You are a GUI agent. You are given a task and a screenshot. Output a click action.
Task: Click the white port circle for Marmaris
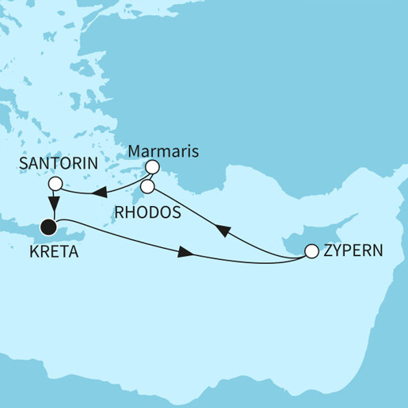tap(152, 168)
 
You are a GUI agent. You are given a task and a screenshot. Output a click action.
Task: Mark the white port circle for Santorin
tap(54, 185)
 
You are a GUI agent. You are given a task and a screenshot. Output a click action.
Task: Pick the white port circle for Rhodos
tap(147, 188)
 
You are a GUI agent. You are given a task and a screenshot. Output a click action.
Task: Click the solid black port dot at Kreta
tap(49, 228)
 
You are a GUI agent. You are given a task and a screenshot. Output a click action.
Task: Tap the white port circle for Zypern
tap(311, 251)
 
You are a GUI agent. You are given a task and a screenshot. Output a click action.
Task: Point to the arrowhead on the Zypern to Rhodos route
tap(223, 230)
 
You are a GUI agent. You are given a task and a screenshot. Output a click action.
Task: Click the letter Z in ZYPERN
tap(329, 251)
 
